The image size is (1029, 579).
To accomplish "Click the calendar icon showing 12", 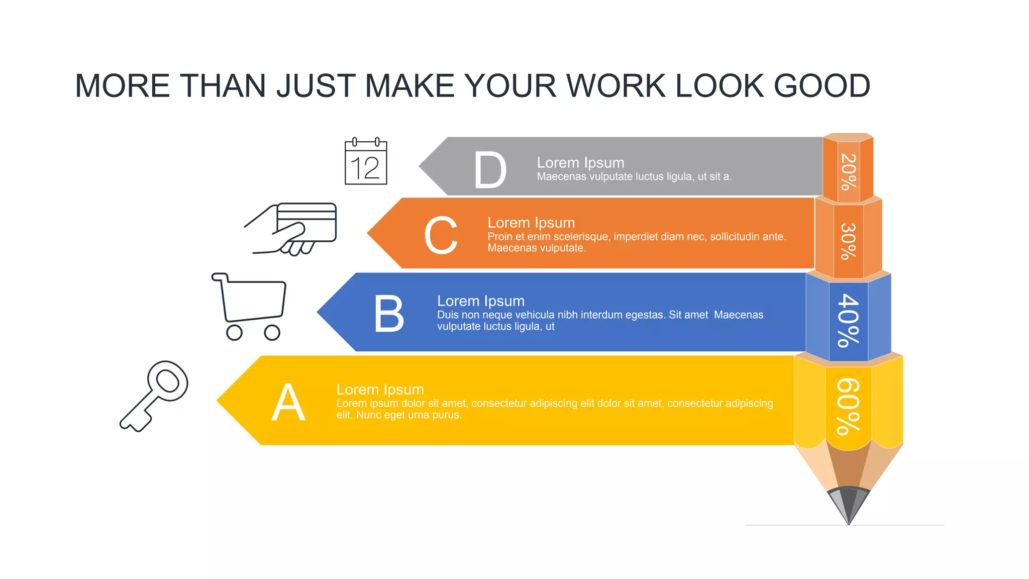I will pos(366,162).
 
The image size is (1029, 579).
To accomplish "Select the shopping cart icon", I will pos(250,306).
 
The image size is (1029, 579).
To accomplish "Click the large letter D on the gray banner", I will pos(490,170).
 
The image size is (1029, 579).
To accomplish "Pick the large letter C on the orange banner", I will pos(441,235).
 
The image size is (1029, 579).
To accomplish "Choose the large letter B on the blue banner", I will pos(389,314).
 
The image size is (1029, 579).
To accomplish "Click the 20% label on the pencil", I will pos(849,172).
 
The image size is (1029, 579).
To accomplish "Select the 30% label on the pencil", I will pos(849,241).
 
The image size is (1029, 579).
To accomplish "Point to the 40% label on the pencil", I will pos(849,321).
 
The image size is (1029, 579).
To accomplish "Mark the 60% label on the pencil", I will pos(849,406).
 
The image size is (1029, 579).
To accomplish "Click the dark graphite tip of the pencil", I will pos(849,505).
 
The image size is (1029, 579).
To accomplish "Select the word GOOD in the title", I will pos(822,85).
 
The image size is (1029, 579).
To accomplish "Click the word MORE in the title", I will pos(123,85).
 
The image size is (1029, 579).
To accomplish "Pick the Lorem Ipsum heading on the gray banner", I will pos(580,163).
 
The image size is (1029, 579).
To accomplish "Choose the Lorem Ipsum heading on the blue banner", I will pos(481,301).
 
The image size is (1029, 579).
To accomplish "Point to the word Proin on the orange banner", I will pos(500,237).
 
